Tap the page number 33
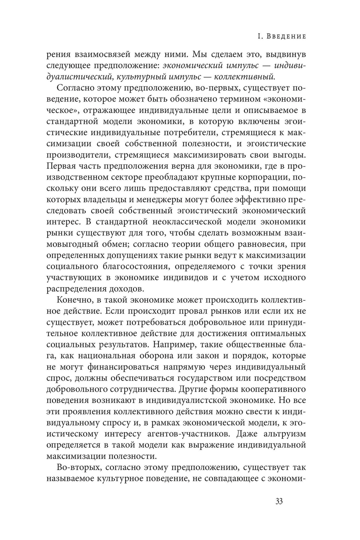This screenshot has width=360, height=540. (x=279, y=501)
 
